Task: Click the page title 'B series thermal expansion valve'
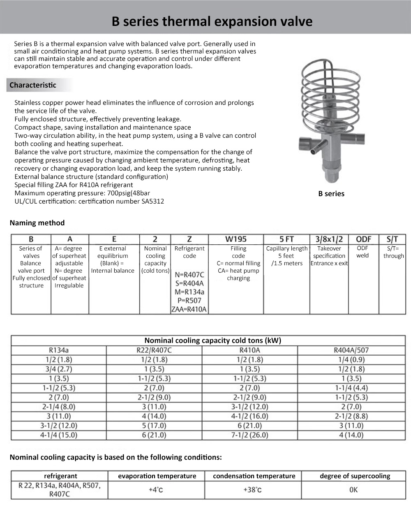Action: tap(212, 21)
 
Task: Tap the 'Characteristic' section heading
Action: tap(33, 85)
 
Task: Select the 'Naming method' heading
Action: tap(37, 223)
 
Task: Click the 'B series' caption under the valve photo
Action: tap(331, 194)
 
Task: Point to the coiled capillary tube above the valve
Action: tap(331, 90)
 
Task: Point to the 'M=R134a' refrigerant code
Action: tap(189, 292)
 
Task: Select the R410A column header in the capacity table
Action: tap(250, 350)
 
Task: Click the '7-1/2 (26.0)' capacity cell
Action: tap(250, 435)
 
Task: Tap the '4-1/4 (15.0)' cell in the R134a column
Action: tap(59, 435)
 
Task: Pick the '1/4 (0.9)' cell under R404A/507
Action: tap(352, 359)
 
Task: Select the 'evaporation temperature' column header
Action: tap(157, 476)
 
